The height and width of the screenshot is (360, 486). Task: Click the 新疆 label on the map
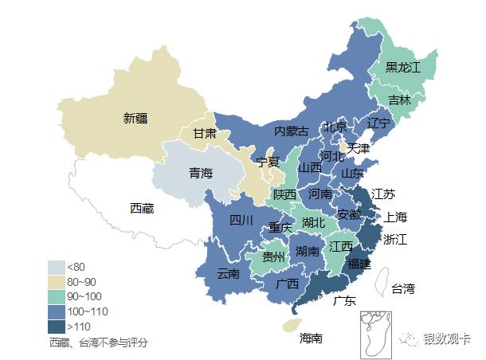tap(135, 119)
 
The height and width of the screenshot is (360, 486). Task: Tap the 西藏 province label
tap(142, 208)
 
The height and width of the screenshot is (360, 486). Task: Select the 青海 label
tap(200, 173)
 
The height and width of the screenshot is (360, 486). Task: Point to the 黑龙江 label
tap(402, 68)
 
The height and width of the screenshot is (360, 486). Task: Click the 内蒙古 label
tap(291, 131)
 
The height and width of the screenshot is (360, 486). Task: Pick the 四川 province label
tap(241, 220)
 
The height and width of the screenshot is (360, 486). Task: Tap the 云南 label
tap(228, 274)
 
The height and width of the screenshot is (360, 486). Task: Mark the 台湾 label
tap(402, 288)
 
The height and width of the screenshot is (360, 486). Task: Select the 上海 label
tap(396, 217)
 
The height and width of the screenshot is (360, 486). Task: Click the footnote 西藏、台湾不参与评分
tap(99, 342)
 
